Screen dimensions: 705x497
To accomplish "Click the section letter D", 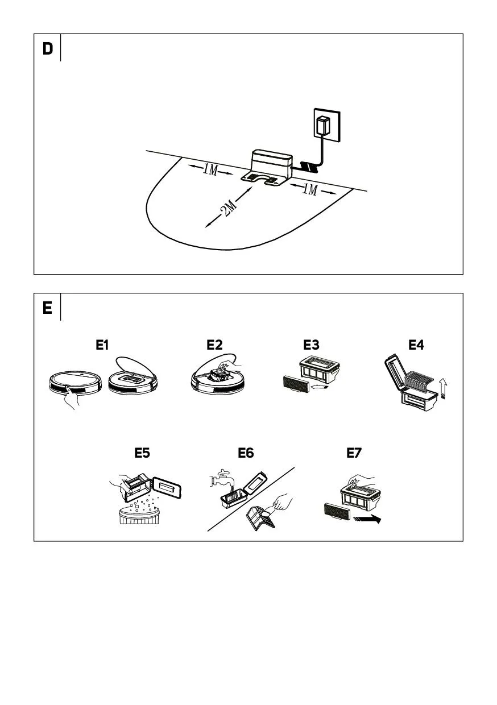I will click(48, 49).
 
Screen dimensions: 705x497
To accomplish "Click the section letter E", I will click(47, 308).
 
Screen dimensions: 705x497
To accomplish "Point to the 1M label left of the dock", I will click(210, 169).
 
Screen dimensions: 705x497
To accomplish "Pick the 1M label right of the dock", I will click(309, 189).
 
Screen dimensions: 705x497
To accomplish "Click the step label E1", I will click(102, 345).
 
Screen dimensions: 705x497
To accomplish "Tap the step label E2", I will click(214, 345).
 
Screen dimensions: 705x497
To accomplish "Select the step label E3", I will click(312, 345).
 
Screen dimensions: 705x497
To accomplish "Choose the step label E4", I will click(416, 345).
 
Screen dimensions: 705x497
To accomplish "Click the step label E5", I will click(142, 453).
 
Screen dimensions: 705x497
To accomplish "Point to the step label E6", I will click(246, 453).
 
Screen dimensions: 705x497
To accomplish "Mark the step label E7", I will click(354, 453).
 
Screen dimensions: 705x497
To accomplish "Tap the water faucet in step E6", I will click(219, 479).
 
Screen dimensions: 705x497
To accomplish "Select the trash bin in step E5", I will click(139, 516).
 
